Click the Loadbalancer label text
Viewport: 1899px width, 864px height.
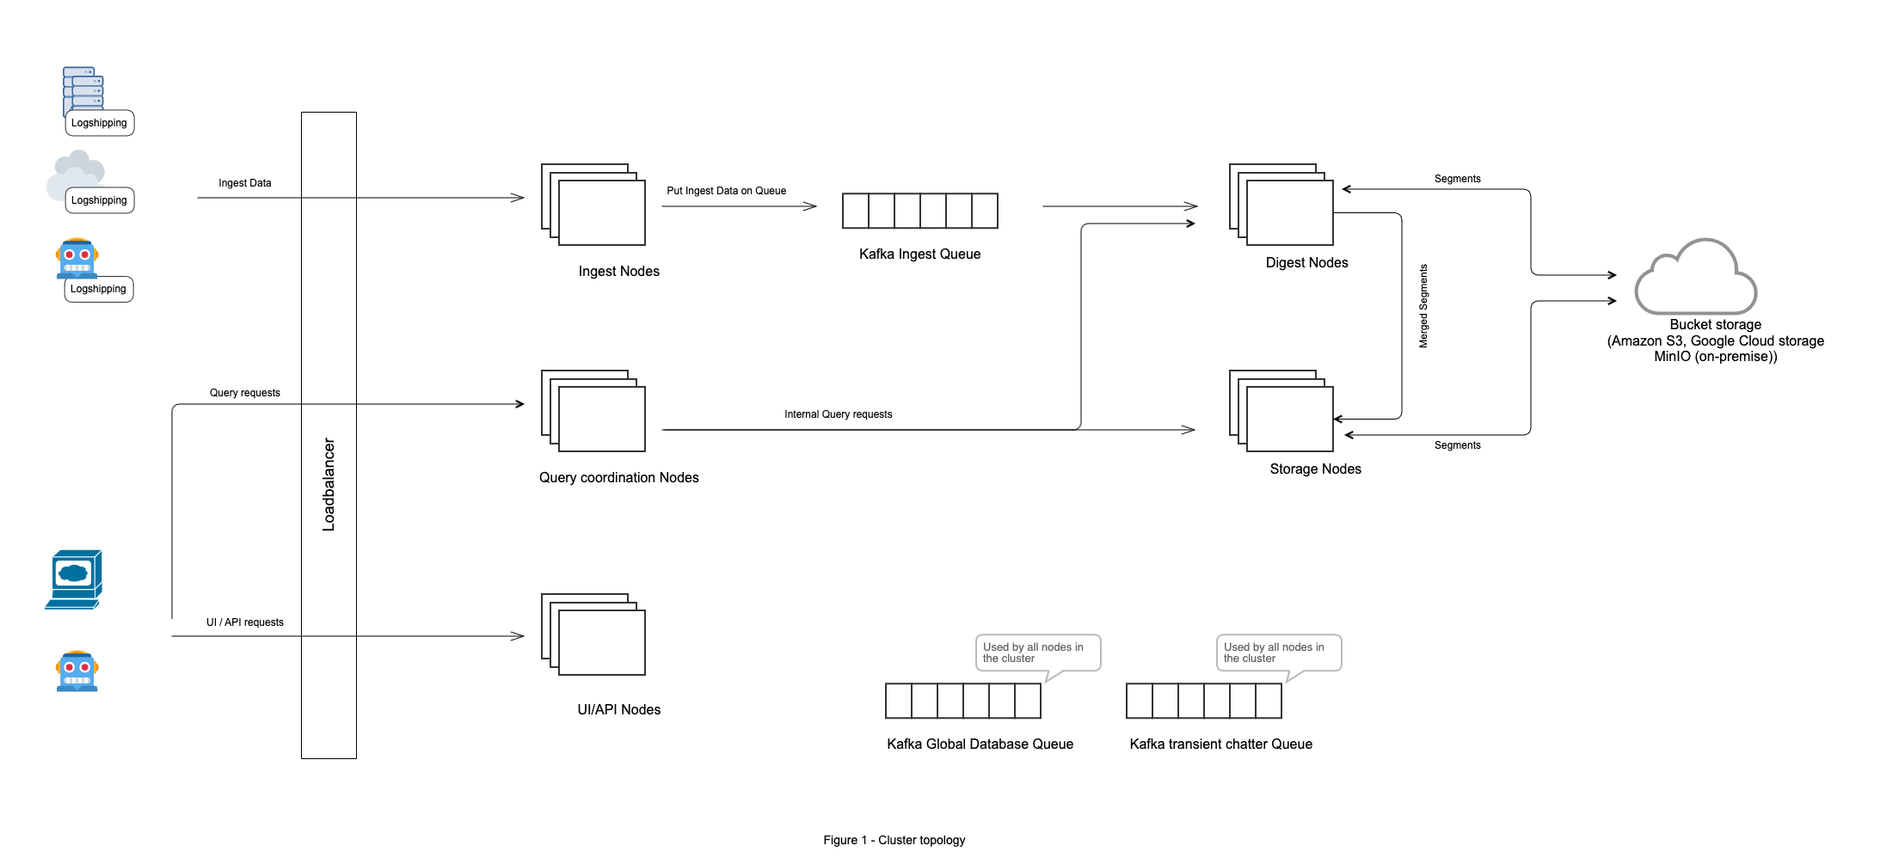(x=329, y=484)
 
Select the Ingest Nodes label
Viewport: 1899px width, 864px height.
(x=618, y=272)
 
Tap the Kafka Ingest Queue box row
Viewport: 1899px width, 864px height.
(x=919, y=211)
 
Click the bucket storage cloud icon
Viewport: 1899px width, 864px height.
(x=1695, y=279)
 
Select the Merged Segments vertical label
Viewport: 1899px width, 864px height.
(x=1423, y=306)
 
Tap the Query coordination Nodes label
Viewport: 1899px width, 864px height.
(x=618, y=478)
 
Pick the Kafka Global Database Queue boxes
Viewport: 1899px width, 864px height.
(x=962, y=701)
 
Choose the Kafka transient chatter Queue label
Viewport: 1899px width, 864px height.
(x=1220, y=745)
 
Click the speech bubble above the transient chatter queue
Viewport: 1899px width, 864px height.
(x=1278, y=653)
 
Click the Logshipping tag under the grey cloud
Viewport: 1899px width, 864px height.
(x=99, y=200)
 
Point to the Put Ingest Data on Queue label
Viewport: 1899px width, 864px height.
(x=726, y=191)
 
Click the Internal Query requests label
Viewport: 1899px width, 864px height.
(x=838, y=414)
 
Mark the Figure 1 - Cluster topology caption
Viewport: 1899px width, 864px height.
(x=894, y=840)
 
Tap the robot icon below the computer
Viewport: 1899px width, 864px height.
(x=77, y=671)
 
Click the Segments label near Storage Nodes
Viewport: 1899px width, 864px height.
(x=1457, y=445)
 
